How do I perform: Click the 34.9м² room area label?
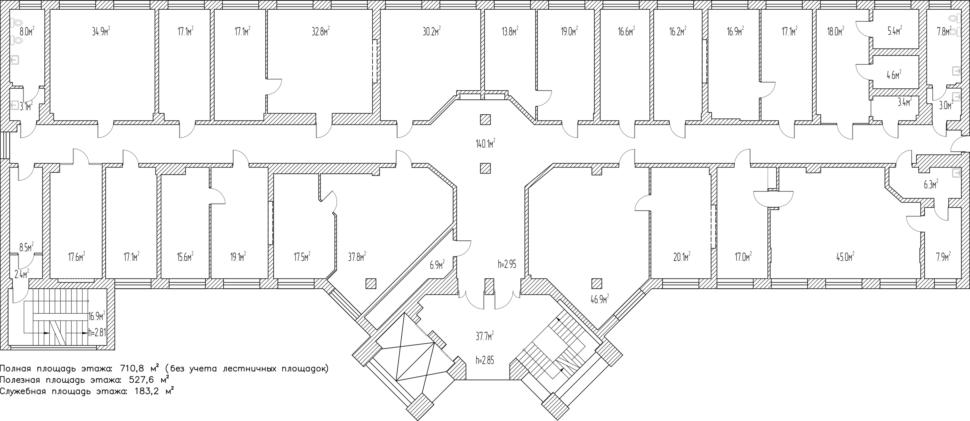pos(101,31)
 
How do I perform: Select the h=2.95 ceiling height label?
pos(507,264)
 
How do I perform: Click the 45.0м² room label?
pos(845,257)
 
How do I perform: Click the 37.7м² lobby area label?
pos(485,336)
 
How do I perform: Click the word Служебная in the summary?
pos(23,391)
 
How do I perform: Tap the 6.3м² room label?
pos(930,185)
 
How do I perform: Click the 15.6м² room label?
pos(185,257)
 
